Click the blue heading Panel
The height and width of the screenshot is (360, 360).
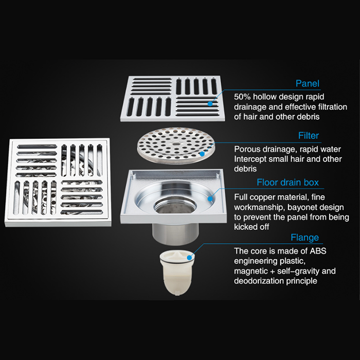[x=307, y=83]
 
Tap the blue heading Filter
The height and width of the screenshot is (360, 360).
[x=309, y=135]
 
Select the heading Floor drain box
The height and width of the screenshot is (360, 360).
[x=287, y=182]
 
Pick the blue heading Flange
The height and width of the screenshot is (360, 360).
[x=304, y=238]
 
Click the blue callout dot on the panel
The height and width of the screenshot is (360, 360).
[x=210, y=103]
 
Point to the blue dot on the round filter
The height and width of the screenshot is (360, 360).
[x=202, y=154]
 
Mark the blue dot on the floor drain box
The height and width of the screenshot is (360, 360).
[x=210, y=199]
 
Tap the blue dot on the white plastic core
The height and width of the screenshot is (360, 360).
[x=189, y=258]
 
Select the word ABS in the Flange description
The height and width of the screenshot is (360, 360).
[x=318, y=251]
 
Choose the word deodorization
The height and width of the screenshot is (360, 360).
[x=259, y=281]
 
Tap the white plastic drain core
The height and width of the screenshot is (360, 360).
[x=177, y=273]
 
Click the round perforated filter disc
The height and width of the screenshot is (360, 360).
[x=176, y=146]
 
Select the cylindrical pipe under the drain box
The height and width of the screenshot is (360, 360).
[x=175, y=233]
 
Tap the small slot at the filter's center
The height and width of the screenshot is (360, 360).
[x=176, y=144]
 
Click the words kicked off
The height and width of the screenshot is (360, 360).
[x=251, y=227]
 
